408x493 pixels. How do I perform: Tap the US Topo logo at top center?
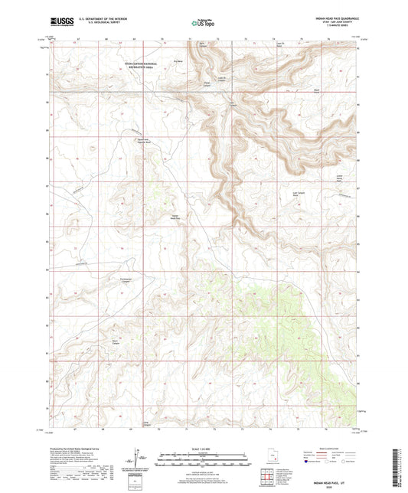(203, 23)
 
